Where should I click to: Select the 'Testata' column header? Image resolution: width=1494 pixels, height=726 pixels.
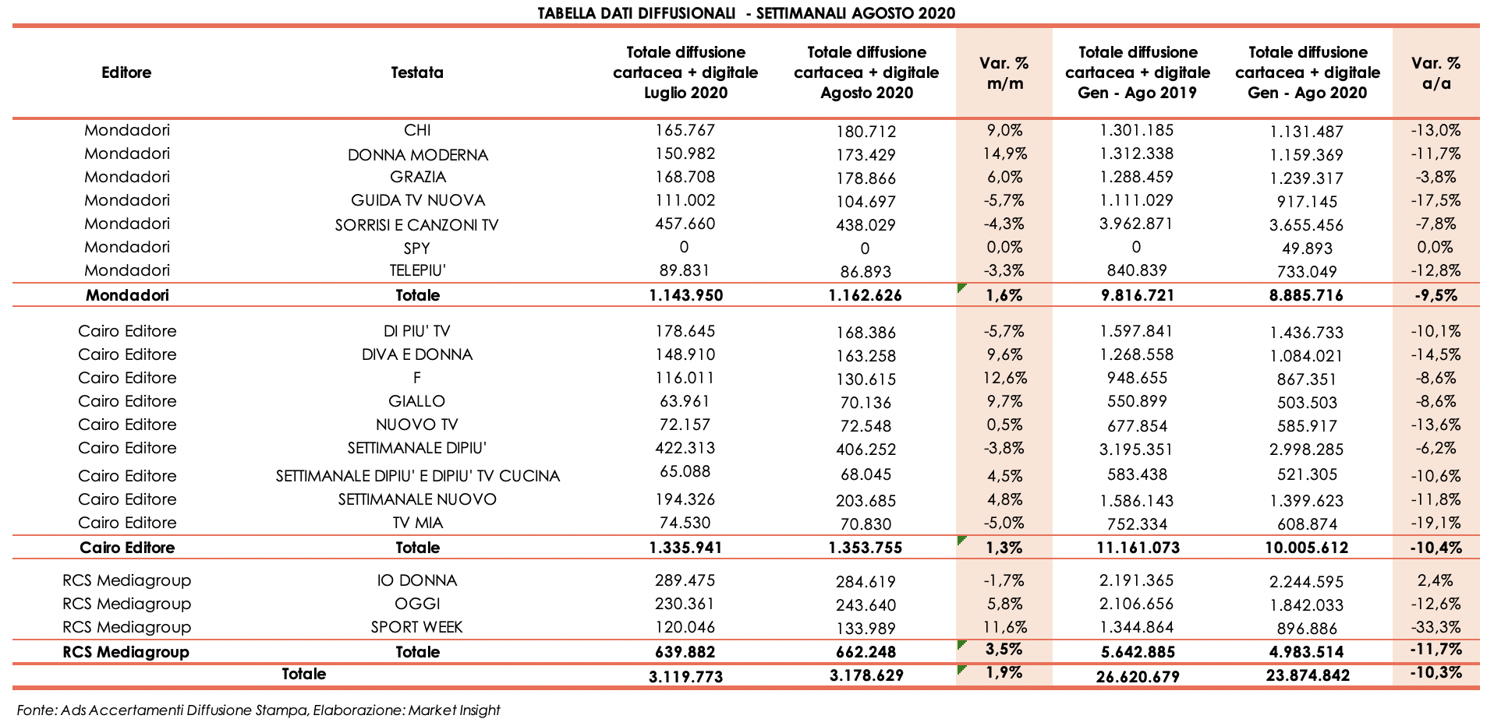tap(417, 72)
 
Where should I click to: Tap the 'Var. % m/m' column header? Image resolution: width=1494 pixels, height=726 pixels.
tap(1004, 72)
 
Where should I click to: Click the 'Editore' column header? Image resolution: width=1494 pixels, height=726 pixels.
tap(126, 72)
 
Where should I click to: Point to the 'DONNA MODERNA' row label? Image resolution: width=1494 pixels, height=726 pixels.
tap(417, 155)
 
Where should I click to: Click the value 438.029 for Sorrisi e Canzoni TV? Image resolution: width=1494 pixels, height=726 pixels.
tap(866, 225)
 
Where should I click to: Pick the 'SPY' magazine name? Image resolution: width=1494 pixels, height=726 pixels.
tap(417, 248)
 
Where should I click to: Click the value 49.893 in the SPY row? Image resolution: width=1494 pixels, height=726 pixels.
tap(1308, 248)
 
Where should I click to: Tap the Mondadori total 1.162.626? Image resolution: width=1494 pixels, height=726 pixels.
tap(866, 295)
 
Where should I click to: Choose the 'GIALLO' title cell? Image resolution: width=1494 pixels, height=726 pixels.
tap(417, 401)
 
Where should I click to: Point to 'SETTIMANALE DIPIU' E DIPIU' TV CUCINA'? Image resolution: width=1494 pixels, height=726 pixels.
tap(417, 476)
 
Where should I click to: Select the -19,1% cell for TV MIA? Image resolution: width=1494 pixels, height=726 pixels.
tap(1436, 523)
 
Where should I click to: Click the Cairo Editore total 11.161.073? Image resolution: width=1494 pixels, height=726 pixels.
tap(1138, 548)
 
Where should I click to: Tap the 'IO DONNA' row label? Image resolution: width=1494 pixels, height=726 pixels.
tap(417, 580)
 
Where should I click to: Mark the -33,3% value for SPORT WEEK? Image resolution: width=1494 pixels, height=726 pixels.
tap(1436, 627)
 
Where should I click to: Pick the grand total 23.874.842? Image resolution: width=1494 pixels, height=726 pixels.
tap(1308, 675)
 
